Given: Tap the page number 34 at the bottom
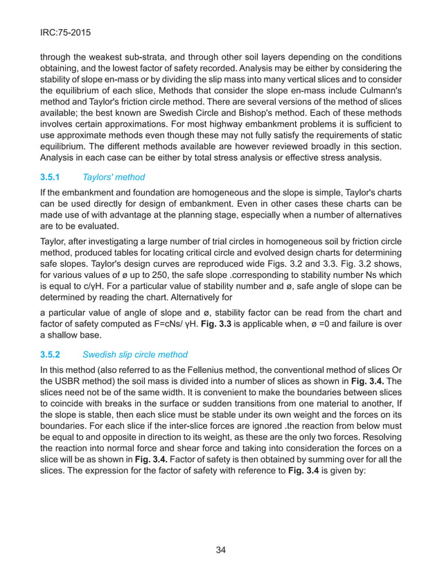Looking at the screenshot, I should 221,550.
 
